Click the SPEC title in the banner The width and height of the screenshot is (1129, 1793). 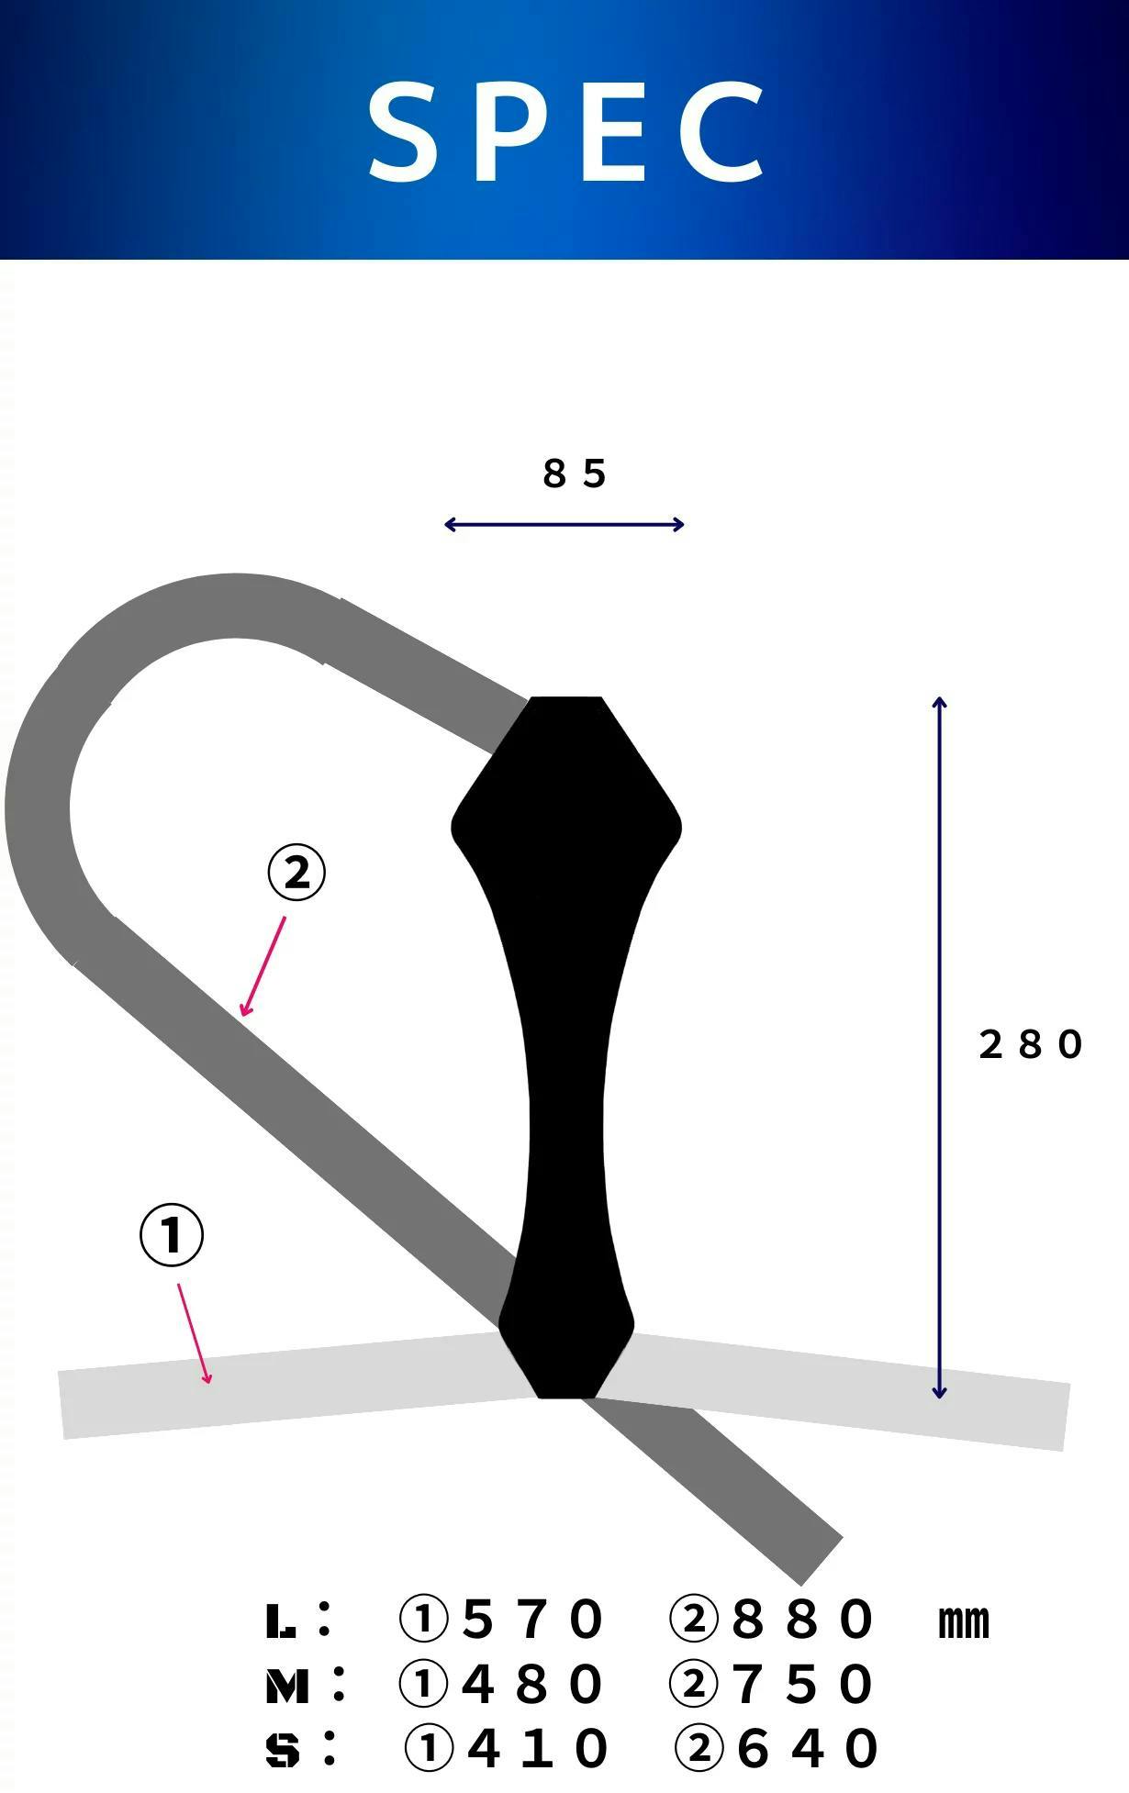click(566, 130)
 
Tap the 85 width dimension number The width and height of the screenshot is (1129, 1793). click(575, 473)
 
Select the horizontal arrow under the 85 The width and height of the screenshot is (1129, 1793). click(564, 525)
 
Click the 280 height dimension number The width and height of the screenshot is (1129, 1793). click(1031, 1044)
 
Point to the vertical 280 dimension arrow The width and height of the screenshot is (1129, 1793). click(939, 1047)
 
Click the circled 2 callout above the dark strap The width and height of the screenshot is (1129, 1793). click(296, 873)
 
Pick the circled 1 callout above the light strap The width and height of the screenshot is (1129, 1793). click(172, 1235)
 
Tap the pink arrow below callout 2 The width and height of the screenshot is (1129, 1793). click(263, 966)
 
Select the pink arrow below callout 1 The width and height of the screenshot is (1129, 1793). click(195, 1333)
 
